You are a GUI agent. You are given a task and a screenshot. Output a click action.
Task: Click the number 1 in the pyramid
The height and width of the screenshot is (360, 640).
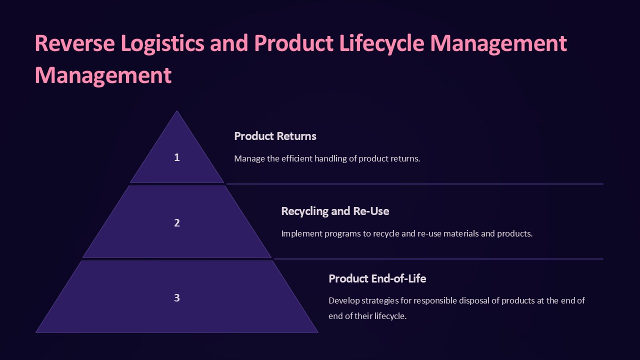pyautogui.click(x=176, y=157)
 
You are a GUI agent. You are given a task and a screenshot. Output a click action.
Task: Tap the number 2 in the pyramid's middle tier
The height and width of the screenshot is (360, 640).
pyautogui.click(x=176, y=223)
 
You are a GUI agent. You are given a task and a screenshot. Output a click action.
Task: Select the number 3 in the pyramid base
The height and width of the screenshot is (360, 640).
pyautogui.click(x=176, y=298)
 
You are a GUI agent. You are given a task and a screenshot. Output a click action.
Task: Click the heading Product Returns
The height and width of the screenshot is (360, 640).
pyautogui.click(x=275, y=136)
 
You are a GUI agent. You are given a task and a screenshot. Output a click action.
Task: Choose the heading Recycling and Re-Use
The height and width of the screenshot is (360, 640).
pyautogui.click(x=335, y=211)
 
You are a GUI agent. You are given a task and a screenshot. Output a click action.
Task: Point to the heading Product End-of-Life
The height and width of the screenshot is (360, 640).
pyautogui.click(x=377, y=278)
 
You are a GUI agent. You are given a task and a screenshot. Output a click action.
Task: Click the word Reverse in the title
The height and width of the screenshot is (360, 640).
pyautogui.click(x=69, y=43)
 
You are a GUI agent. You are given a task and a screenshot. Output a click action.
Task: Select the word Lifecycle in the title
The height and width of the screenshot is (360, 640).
pyautogui.click(x=382, y=43)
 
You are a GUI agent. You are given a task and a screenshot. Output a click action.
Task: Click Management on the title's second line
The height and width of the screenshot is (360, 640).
pyautogui.click(x=103, y=75)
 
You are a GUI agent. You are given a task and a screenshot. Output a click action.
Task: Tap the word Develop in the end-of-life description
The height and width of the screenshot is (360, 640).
pyautogui.click(x=344, y=300)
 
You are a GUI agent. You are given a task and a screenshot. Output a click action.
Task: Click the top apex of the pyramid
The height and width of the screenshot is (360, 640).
pyautogui.click(x=177, y=111)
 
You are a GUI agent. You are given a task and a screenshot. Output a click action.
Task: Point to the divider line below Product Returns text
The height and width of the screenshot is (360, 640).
pyautogui.click(x=414, y=184)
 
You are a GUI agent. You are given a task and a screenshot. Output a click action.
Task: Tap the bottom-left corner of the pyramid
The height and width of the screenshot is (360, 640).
pyautogui.click(x=36, y=332)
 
